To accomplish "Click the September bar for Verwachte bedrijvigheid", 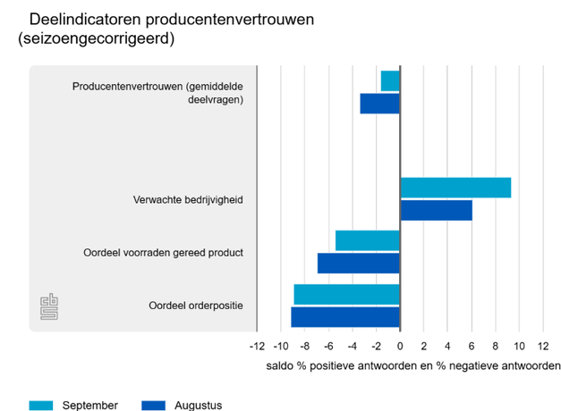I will [x=455, y=188].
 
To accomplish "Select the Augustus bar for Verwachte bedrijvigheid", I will [x=436, y=210].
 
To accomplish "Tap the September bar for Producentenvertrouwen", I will [x=390, y=80].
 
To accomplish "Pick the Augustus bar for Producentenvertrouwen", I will [x=380, y=104].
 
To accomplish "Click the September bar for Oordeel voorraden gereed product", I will [x=368, y=240].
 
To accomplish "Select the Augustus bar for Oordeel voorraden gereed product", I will [x=359, y=264].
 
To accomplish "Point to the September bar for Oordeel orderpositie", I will [x=347, y=294].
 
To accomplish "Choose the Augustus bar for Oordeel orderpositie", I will [x=345, y=316].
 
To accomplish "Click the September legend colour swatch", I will [x=41, y=405].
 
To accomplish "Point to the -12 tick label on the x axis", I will [x=256, y=346].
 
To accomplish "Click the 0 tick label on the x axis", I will [x=400, y=346].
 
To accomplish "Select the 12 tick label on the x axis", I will [x=542, y=346].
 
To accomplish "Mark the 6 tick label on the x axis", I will [x=472, y=346].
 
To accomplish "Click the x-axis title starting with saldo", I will [x=412, y=366].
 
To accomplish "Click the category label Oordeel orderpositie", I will [x=196, y=306].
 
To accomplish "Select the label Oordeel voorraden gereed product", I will [x=163, y=253].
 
